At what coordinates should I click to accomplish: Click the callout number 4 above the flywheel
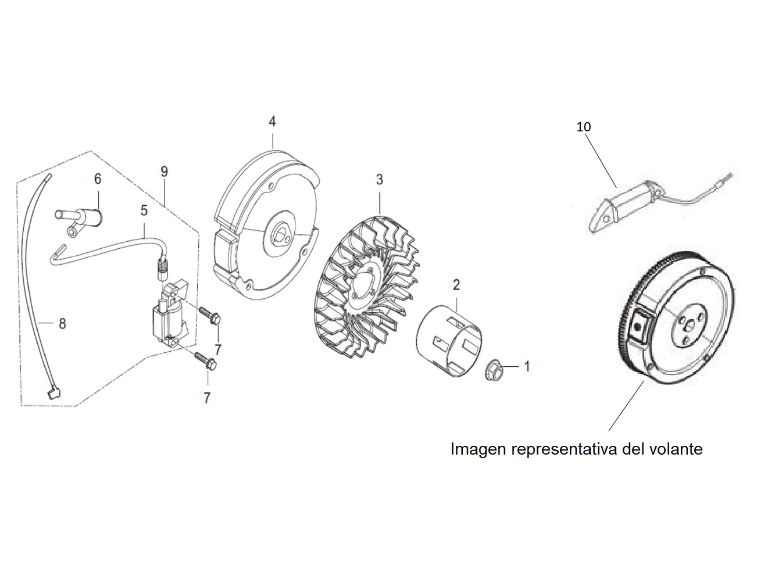(272, 121)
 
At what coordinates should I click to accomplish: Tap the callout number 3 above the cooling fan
(379, 180)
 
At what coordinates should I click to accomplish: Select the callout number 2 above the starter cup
(456, 285)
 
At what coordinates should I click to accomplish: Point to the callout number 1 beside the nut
(527, 366)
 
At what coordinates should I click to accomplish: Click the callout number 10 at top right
(583, 127)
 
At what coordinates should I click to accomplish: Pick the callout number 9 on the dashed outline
(164, 171)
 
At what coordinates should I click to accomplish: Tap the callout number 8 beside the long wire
(62, 323)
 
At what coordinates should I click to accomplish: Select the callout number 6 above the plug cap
(98, 179)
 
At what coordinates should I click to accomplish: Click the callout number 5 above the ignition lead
(144, 210)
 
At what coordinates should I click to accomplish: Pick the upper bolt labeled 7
(209, 316)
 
